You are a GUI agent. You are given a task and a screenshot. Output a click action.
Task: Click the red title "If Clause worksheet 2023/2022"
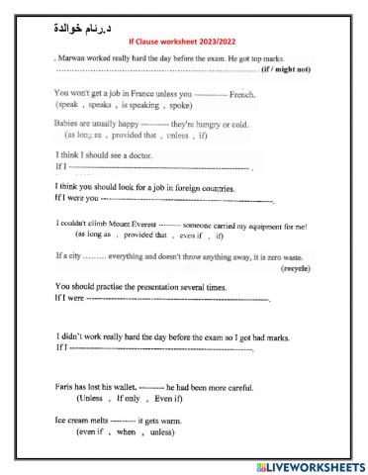click(183, 43)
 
